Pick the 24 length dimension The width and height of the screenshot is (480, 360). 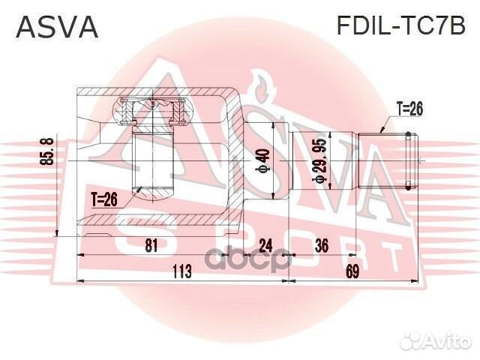265,245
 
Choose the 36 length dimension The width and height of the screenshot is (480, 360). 323,245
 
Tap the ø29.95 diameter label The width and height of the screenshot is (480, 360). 319,160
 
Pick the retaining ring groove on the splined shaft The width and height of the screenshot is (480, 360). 408,160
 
